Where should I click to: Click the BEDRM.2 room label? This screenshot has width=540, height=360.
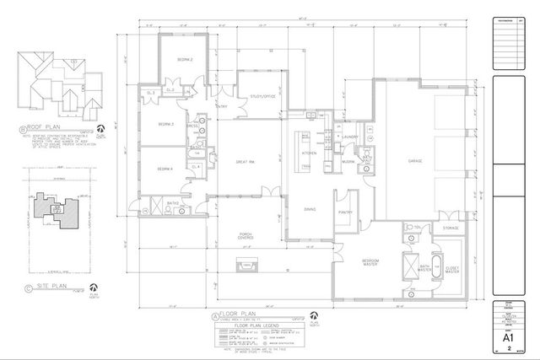(186, 60)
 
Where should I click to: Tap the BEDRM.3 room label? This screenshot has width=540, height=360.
(166, 125)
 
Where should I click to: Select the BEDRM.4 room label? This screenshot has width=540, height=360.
(165, 169)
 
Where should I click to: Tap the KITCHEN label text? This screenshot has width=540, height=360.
(309, 154)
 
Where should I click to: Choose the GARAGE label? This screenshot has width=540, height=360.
(414, 159)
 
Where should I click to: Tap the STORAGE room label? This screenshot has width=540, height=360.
(451, 228)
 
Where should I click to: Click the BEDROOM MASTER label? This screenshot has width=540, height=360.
(372, 263)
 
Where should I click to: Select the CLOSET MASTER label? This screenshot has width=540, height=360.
(452, 271)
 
